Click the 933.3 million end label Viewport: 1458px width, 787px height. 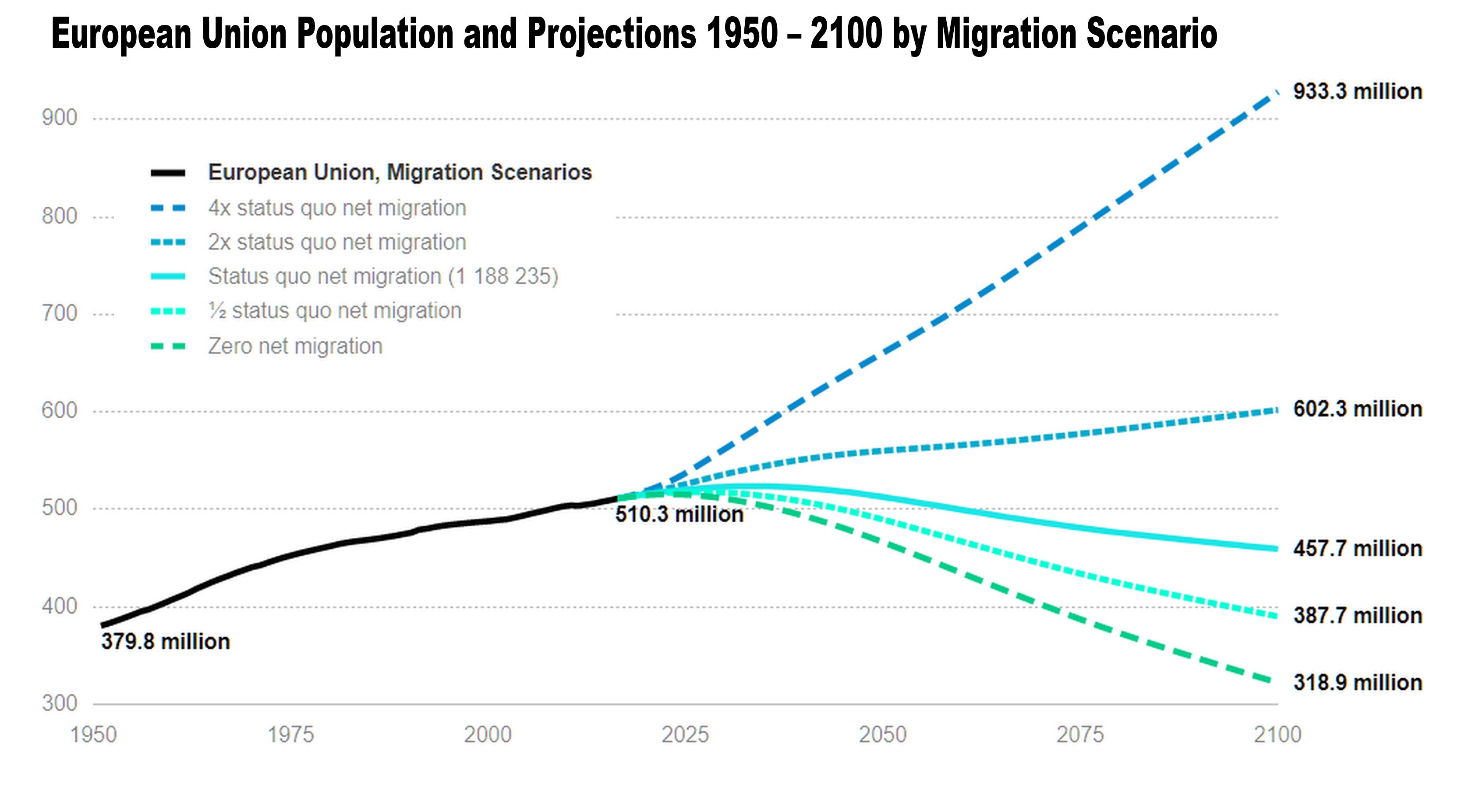1357,92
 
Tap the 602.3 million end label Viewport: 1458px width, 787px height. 1357,409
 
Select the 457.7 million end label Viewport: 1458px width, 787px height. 1357,549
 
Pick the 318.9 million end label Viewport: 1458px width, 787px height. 1357,683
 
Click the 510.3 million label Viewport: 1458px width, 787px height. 679,514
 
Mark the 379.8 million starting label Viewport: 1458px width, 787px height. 165,642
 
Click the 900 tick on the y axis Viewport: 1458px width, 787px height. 60,118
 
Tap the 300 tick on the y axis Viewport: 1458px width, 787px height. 60,703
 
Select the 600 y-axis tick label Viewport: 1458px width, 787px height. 60,410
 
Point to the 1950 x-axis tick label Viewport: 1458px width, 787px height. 93,735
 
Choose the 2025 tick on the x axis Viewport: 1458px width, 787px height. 685,735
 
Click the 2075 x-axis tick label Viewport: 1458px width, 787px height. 1080,735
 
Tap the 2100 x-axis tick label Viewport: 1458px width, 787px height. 1278,735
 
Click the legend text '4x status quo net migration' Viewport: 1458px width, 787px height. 337,208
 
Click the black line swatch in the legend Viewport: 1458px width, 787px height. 168,173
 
